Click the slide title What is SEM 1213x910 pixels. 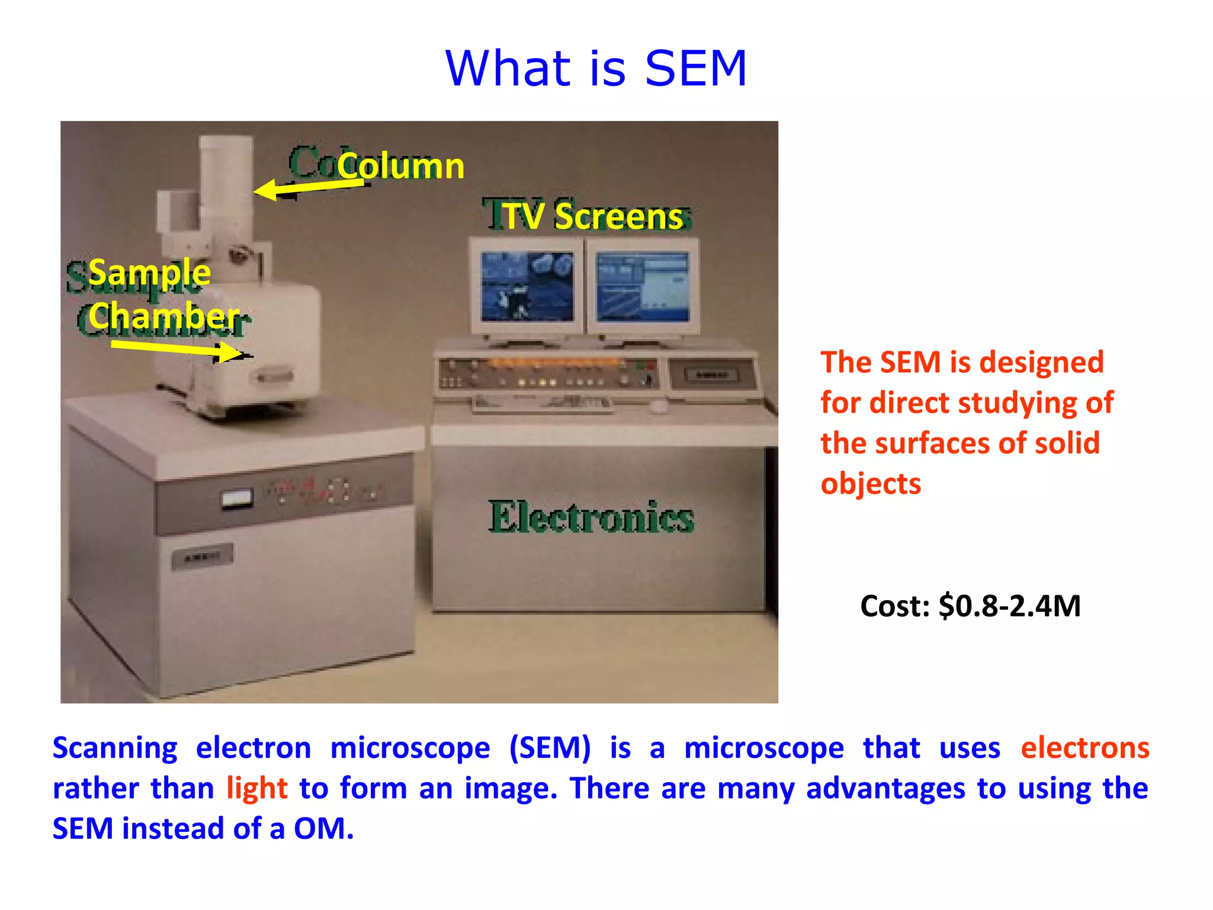596,68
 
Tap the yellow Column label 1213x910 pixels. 401,166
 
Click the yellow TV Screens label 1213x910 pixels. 592,216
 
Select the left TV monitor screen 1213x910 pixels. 527,286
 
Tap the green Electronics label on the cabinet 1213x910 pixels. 591,517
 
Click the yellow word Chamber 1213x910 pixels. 164,316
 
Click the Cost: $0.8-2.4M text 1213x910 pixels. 970,606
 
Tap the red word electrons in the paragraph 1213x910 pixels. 1084,748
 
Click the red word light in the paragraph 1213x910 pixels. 256,789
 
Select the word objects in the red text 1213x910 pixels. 871,483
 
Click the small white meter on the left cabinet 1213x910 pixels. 237,499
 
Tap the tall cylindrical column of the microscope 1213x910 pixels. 226,184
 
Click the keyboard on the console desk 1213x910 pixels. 542,405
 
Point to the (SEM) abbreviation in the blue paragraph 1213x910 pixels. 550,748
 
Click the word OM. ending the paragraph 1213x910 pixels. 323,828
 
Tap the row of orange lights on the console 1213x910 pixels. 554,362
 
